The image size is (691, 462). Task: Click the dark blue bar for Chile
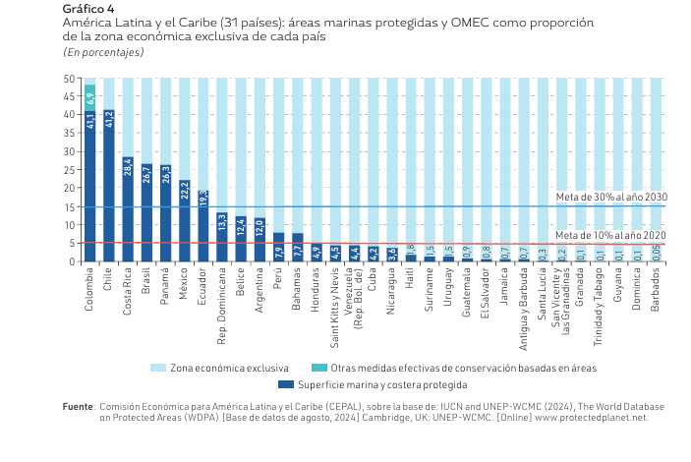click(109, 187)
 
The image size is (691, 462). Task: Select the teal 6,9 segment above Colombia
click(89, 97)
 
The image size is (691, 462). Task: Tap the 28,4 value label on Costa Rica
click(128, 167)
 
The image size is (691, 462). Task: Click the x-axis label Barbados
click(656, 290)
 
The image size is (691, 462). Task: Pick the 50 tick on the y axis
click(71, 79)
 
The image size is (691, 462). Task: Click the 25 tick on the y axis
click(71, 170)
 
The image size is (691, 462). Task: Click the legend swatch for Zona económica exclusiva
click(158, 368)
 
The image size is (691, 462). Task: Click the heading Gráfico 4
click(88, 9)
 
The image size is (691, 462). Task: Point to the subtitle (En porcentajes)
click(103, 51)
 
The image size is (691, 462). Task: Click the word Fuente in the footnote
click(78, 406)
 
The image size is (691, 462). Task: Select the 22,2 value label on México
click(185, 191)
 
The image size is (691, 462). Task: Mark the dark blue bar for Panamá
click(166, 213)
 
